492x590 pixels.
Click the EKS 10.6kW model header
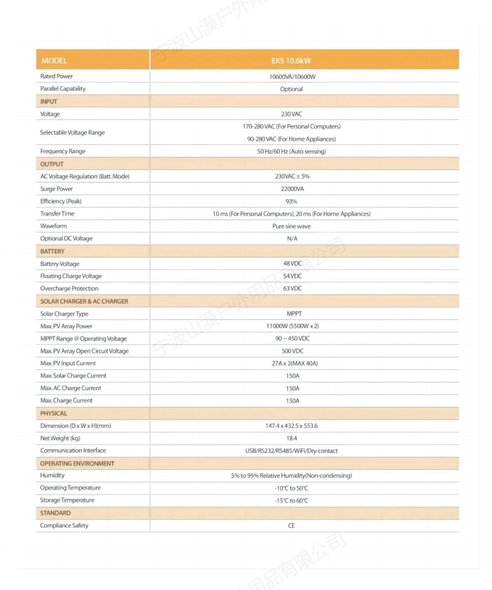[x=291, y=60]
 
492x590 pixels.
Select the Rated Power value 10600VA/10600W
[x=292, y=77]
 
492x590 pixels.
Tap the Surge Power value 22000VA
[x=292, y=189]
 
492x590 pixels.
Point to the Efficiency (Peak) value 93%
[x=292, y=201]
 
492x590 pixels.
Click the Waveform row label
[x=54, y=226]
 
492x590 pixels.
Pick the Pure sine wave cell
[x=292, y=226]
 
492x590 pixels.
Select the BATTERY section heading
[x=52, y=251]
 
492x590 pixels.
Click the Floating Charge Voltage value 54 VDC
[x=292, y=276]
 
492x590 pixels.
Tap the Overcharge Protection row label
[x=69, y=289]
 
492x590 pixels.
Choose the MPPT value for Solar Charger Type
[x=294, y=314]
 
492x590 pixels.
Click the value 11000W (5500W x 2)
[x=292, y=326]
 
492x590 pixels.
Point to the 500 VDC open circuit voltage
[x=292, y=351]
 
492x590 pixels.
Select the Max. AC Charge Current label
[x=71, y=388]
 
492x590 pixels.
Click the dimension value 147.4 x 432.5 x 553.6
[x=292, y=426]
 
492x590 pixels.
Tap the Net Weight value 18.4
[x=292, y=438]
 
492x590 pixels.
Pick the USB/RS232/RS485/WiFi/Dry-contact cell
[x=292, y=451]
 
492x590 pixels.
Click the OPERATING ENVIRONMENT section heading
[x=77, y=463]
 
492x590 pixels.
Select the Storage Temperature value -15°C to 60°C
[x=292, y=501]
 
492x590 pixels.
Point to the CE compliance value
[x=292, y=526]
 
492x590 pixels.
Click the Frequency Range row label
[x=63, y=151]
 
